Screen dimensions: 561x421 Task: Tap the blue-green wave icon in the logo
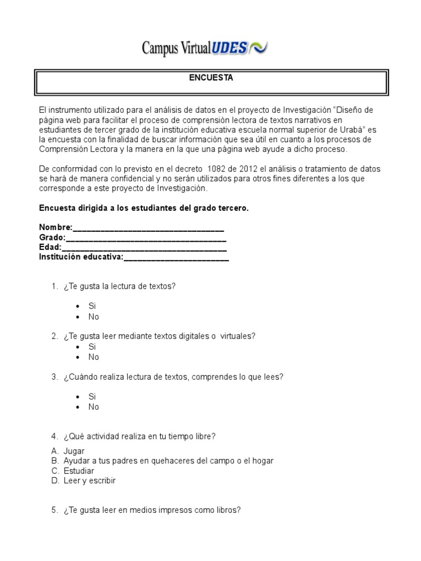click(x=259, y=48)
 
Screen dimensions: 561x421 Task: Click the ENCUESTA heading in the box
click(x=211, y=78)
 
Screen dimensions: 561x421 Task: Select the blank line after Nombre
click(x=148, y=228)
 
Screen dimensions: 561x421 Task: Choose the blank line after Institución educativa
click(x=176, y=258)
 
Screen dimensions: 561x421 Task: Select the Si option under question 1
click(x=92, y=306)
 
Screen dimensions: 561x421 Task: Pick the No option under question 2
click(x=94, y=357)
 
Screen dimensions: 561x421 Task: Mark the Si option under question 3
click(x=92, y=396)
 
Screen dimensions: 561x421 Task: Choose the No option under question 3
click(x=94, y=407)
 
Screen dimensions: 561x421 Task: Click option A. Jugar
click(x=74, y=451)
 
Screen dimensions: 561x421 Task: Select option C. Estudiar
click(x=78, y=471)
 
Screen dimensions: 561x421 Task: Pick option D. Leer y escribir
click(x=89, y=481)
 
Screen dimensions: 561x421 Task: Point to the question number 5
click(x=54, y=510)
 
